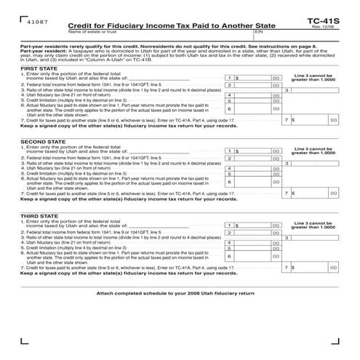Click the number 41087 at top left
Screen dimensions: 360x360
[34, 23]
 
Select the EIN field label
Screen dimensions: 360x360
[260, 33]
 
